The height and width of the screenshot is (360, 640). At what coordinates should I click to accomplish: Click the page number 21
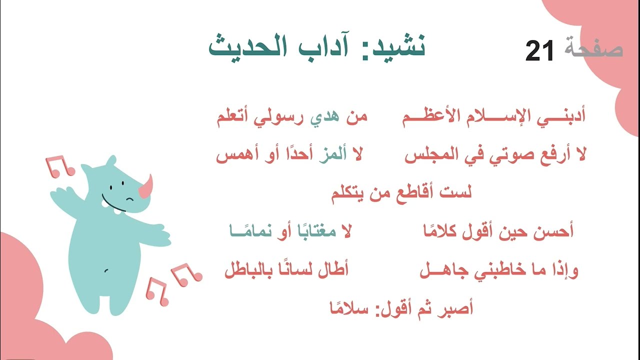pyautogui.click(x=540, y=50)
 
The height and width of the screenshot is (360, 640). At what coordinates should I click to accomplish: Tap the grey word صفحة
pyautogui.click(x=594, y=49)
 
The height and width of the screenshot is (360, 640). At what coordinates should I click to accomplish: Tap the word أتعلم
pyautogui.click(x=235, y=118)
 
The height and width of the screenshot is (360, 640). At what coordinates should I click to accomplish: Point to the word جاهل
pyautogui.click(x=439, y=271)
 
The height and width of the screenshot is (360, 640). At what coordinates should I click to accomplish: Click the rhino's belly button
pyautogui.click(x=106, y=270)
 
